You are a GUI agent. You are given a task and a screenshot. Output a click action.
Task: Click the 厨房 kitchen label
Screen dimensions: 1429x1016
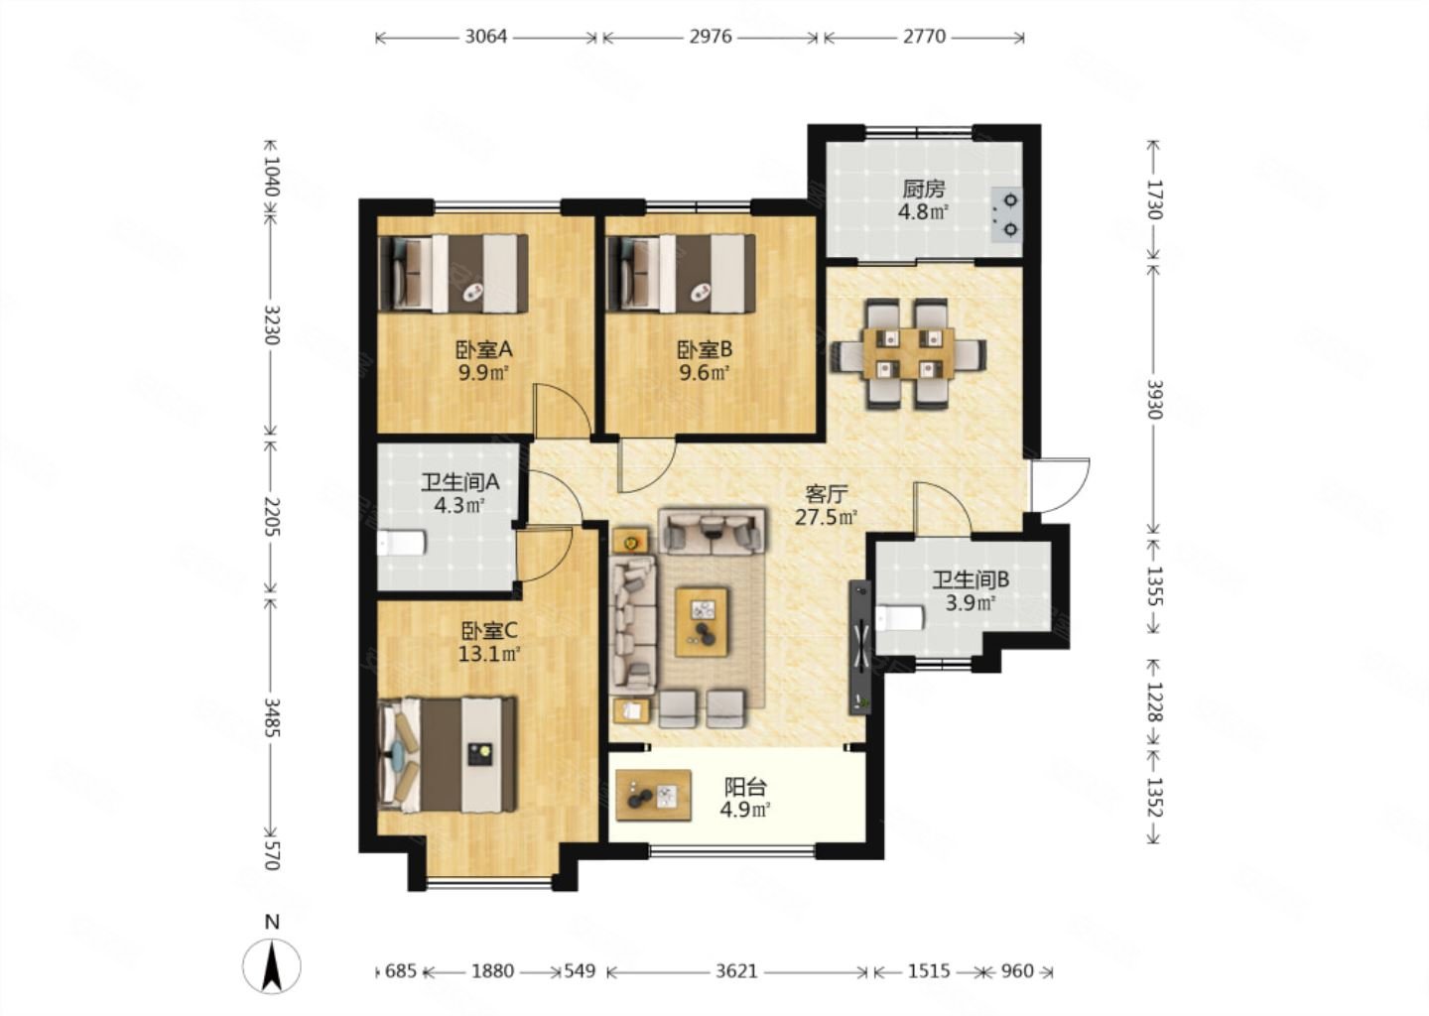point(923,189)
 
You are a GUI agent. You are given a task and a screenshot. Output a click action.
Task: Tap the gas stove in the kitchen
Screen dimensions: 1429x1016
point(1007,215)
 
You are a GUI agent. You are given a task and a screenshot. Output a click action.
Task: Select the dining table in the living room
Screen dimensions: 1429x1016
point(908,352)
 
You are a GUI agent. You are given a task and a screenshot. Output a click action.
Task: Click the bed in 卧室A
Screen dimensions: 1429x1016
point(453,274)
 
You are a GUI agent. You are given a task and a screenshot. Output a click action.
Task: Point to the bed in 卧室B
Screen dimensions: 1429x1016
point(682,274)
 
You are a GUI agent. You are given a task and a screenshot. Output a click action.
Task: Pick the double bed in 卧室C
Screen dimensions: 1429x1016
point(448,754)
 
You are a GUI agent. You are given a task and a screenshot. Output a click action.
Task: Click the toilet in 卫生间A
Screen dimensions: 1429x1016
point(401,543)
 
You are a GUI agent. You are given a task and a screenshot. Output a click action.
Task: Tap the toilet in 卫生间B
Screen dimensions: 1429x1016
point(899,617)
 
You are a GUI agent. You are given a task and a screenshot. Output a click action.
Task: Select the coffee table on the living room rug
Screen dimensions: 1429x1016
point(702,622)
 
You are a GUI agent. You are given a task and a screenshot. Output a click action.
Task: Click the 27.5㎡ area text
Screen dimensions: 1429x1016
point(826,517)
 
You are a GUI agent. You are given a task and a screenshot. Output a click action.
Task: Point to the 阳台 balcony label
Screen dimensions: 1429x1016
point(744,788)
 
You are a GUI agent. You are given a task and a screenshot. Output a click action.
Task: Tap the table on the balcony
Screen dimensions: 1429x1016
point(654,796)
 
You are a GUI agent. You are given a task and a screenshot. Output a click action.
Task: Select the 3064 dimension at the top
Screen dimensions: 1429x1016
point(486,37)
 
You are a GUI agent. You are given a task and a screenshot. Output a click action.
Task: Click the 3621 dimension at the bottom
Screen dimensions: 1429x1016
point(736,971)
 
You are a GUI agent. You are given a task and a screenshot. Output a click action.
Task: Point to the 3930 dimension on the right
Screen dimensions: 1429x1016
point(1154,399)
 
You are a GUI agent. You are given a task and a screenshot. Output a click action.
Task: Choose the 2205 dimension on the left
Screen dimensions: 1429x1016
point(272,516)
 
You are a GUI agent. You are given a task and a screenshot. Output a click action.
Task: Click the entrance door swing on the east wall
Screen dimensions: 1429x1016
point(1060,485)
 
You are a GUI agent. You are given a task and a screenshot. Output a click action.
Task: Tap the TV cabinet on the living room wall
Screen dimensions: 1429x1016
point(859,647)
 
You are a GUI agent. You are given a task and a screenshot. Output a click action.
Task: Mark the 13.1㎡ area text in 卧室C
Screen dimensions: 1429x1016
point(489,654)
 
